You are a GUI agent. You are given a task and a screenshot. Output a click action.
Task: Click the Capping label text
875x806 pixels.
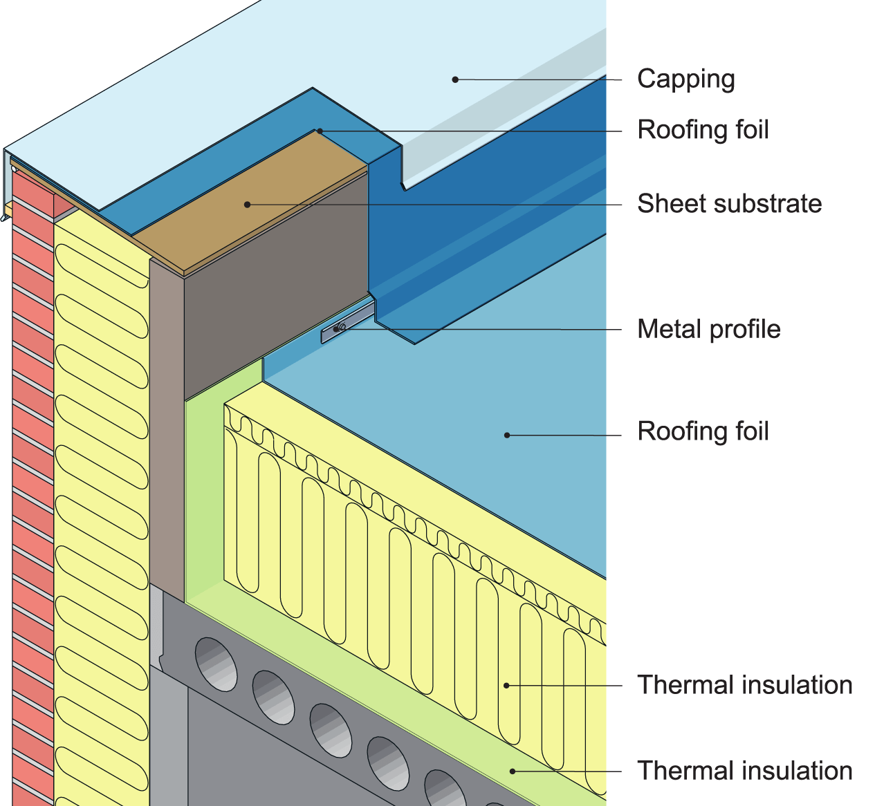pos(685,79)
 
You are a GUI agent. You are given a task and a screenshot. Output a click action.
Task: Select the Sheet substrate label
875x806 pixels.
pos(729,204)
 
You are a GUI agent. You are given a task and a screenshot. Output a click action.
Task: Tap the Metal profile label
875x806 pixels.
pos(708,329)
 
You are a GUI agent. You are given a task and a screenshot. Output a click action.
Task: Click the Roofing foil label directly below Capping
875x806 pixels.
pos(703,130)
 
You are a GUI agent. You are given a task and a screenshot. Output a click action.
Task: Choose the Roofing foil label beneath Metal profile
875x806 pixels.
pos(703,431)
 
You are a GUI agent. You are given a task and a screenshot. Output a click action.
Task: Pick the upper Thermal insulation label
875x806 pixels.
pos(744,685)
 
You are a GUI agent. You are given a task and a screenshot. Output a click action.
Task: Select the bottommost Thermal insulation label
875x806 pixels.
pos(744,771)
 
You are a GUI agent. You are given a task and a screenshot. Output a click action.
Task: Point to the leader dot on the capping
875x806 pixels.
pos(455,79)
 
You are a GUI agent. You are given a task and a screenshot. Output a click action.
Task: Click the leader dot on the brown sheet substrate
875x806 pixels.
pos(247,204)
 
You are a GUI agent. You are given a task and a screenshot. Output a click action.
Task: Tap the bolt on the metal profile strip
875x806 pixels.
pos(340,328)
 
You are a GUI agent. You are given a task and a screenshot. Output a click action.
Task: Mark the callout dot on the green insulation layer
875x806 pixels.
pos(513,771)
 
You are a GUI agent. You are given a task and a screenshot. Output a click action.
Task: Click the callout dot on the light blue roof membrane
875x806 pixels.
pos(507,435)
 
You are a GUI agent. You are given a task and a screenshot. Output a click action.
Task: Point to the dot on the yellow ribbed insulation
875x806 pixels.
pos(506,685)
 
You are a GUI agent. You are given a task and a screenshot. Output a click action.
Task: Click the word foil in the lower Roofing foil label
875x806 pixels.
pos(749,431)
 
